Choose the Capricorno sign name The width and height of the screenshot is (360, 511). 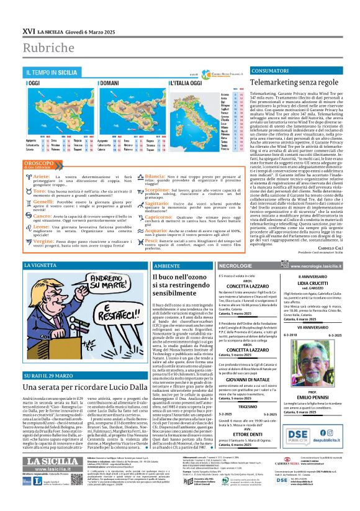click(164, 217)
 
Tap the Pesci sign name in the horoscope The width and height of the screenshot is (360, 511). click(158, 243)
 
